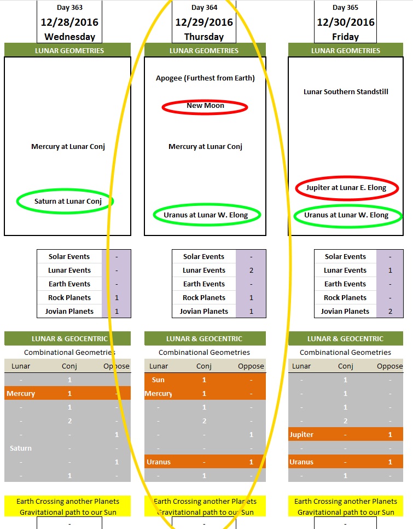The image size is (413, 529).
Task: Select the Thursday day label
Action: [204, 37]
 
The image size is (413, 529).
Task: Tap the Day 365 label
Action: [346, 8]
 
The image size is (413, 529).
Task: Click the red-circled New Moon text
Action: [205, 106]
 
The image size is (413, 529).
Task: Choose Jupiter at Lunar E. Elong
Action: [346, 188]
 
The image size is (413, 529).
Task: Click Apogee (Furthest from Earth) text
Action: [205, 78]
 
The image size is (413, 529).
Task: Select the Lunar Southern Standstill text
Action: [346, 92]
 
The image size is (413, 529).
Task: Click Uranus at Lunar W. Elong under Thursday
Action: [206, 215]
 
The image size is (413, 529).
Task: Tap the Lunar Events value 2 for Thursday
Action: [251, 271]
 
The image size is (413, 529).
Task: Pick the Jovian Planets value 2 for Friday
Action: [390, 312]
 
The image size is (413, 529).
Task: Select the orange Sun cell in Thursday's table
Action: [159, 380]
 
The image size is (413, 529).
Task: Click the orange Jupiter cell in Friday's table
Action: [301, 435]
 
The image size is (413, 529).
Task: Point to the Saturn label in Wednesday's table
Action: [21, 449]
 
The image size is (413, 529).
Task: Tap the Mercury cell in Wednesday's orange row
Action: [21, 394]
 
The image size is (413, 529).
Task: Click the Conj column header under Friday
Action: [345, 366]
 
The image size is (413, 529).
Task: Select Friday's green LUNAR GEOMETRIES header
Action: [346, 51]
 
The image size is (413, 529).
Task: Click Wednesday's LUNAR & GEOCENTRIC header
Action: [67, 338]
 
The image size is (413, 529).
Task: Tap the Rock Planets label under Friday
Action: [345, 298]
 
